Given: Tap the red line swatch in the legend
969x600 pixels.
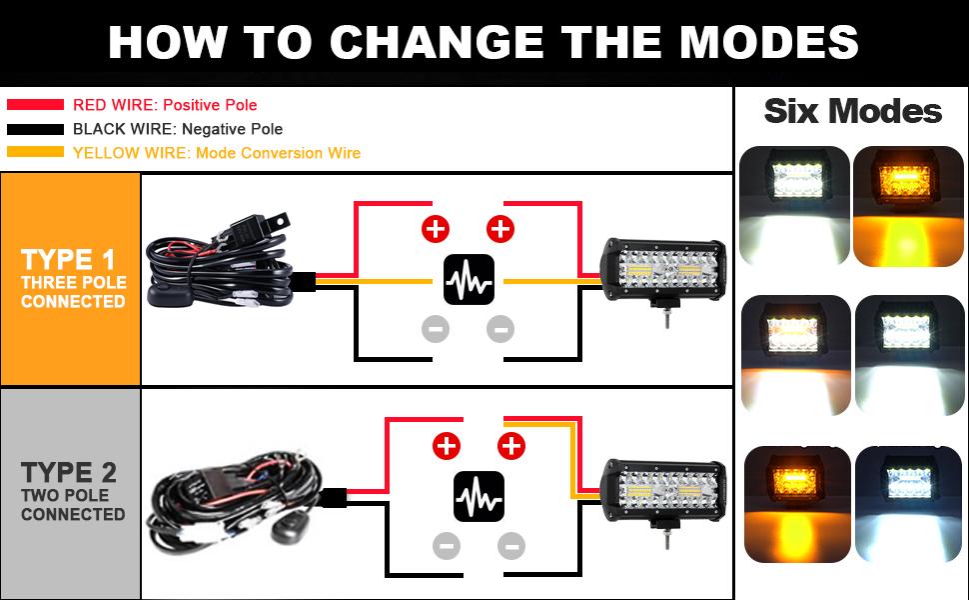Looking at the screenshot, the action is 35,105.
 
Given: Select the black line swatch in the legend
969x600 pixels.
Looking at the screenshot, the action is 35,129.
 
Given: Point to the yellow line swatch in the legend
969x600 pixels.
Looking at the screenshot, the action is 35,153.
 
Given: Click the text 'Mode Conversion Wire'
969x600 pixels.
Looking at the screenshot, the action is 278,153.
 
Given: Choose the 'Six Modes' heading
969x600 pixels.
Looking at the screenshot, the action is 852,111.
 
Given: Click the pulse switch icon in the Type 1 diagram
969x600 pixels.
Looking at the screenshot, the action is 469,281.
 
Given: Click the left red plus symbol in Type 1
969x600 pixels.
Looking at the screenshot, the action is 436,229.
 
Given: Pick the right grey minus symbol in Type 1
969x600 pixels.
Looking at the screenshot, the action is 499,328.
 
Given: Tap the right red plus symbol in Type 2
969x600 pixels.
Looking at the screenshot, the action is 510,445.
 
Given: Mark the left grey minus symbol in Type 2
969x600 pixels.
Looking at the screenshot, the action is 447,545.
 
